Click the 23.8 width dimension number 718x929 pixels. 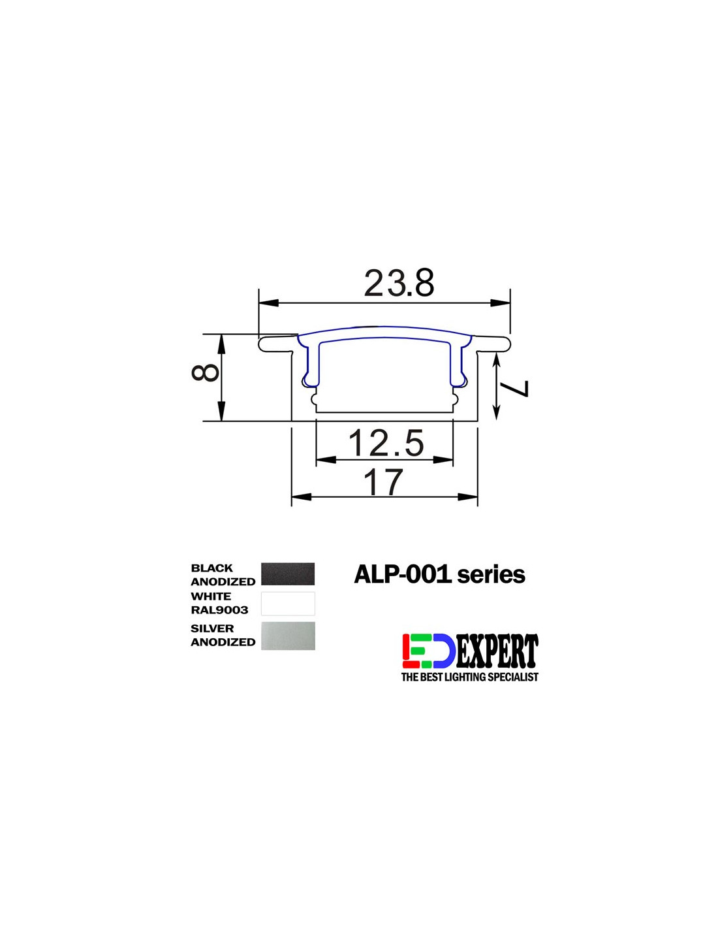[399, 283]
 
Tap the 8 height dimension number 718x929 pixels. [205, 372]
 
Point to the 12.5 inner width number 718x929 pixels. [386, 443]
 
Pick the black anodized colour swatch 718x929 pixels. [287, 574]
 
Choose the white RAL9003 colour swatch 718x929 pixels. [287, 603]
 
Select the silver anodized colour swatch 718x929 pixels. [287, 636]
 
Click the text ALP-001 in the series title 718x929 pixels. [402, 575]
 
